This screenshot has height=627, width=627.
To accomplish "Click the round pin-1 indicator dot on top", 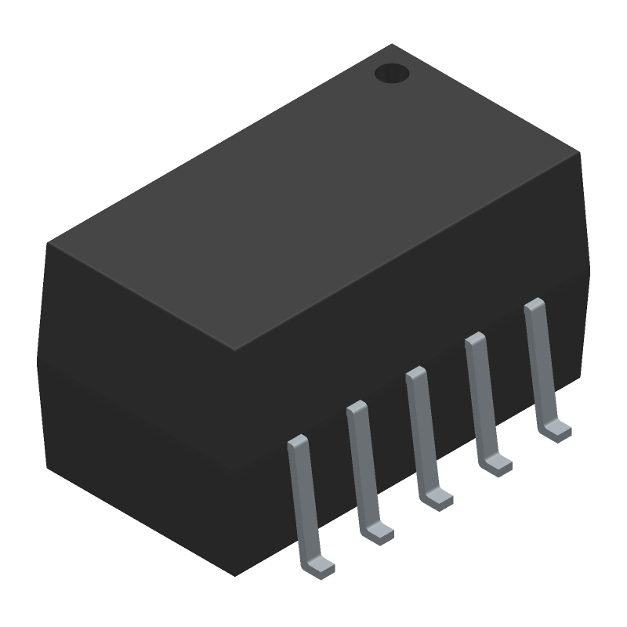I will pos(392,74).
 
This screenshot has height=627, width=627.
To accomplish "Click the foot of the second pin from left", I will pos(380,532).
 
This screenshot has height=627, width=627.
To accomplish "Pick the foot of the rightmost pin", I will pos(557,430).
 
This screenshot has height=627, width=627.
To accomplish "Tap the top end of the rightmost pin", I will pos(534,304).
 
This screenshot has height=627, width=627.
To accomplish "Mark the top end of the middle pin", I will pos(415,373).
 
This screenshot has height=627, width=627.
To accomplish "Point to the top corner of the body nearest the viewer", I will pos(236,349).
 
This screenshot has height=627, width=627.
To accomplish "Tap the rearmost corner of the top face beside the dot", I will pos(392,44).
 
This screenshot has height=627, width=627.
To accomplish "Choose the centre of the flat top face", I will pos(313,196).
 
